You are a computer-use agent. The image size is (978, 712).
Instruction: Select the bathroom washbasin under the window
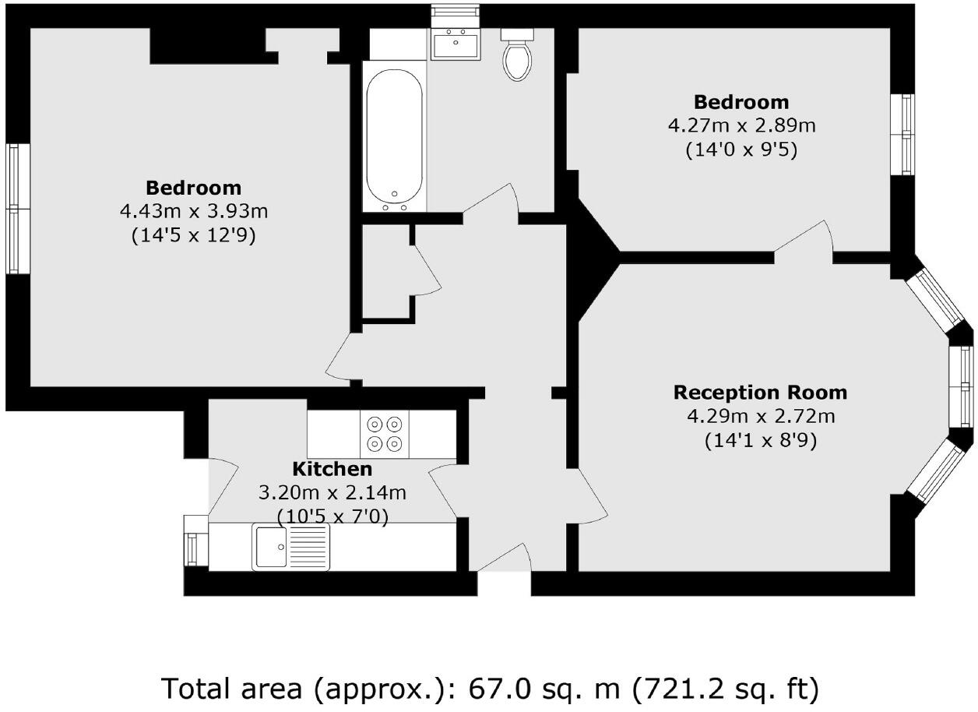click(456, 44)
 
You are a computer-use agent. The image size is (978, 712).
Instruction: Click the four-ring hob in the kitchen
click(385, 434)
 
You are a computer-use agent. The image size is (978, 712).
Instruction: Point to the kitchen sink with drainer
click(290, 547)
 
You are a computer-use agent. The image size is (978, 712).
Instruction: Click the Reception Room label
click(759, 392)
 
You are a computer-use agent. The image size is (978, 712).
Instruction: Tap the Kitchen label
click(332, 469)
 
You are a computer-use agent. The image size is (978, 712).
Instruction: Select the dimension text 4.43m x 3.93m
click(194, 212)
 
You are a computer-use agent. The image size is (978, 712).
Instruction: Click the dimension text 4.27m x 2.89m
click(741, 125)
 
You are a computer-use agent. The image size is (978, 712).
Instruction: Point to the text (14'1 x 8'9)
click(760, 441)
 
